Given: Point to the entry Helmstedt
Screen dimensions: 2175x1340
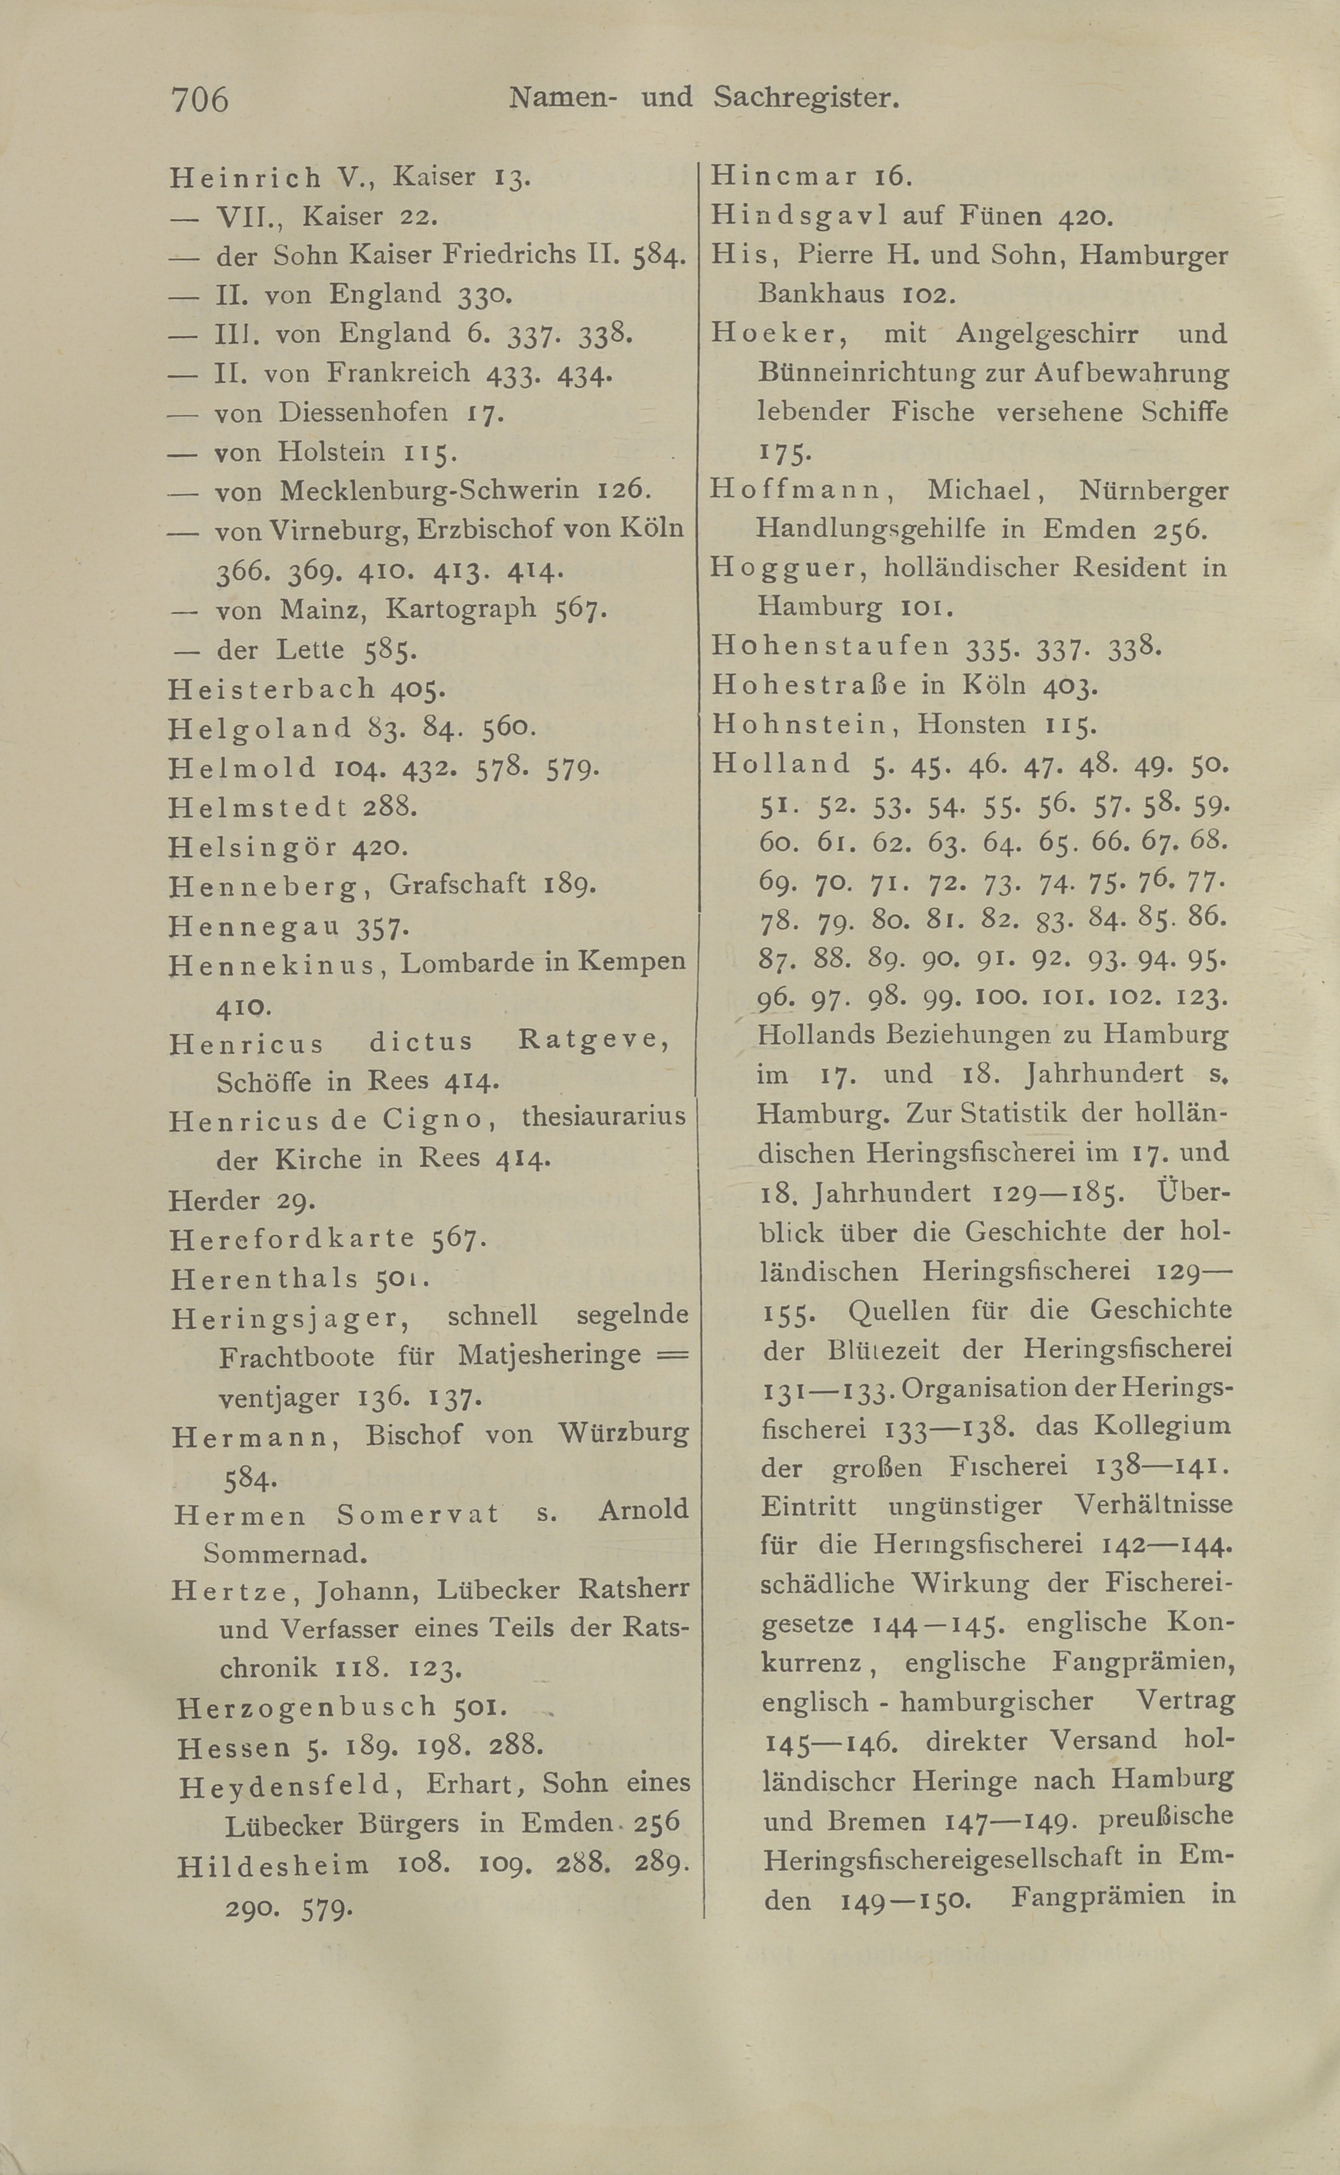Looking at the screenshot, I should click(x=257, y=807).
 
